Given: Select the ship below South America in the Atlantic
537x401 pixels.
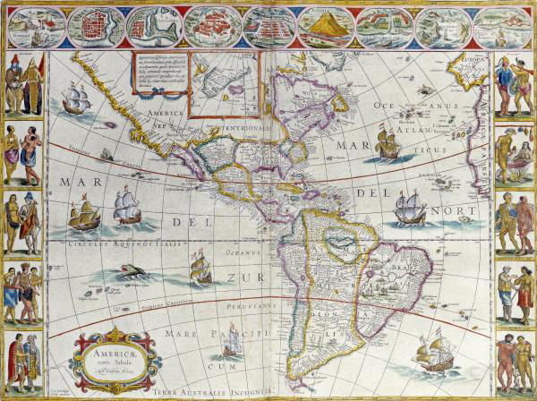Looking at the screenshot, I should point(433,354).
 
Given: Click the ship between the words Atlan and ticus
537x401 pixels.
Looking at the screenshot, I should point(388,143).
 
